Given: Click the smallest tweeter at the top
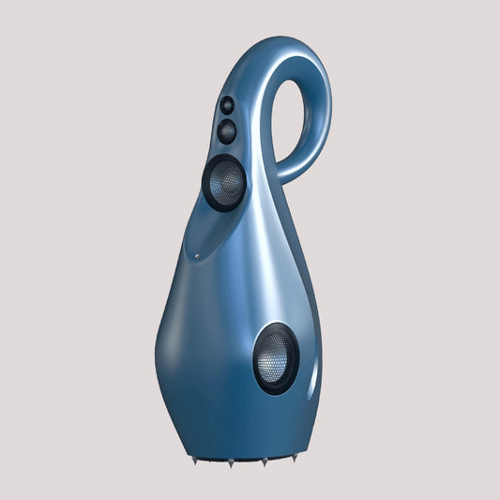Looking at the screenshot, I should click(227, 106).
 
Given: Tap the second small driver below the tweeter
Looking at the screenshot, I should click(227, 130).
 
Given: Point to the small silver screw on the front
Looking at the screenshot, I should click(197, 256).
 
